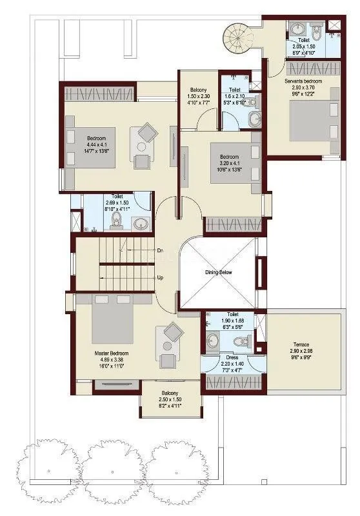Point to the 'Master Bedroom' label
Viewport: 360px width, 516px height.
pos(111,353)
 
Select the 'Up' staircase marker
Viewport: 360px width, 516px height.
pos(159,277)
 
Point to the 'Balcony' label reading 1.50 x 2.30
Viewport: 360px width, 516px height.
pos(198,90)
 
